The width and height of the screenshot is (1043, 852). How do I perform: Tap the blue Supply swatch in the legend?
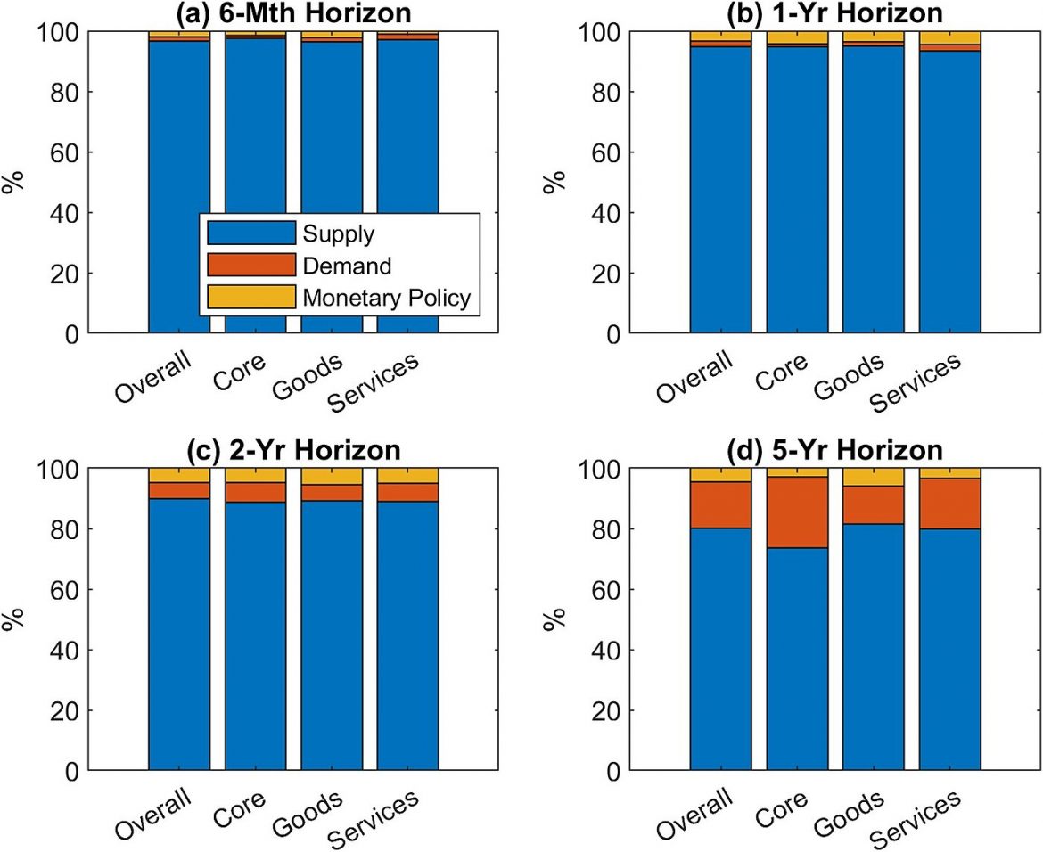(250, 233)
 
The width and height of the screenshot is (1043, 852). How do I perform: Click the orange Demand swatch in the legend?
(250, 265)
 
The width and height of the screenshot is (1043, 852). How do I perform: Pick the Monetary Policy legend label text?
(386, 298)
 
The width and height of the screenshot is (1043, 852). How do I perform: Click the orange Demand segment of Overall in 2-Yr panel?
(179, 490)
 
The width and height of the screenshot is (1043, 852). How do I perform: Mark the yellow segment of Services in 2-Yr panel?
(407, 475)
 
